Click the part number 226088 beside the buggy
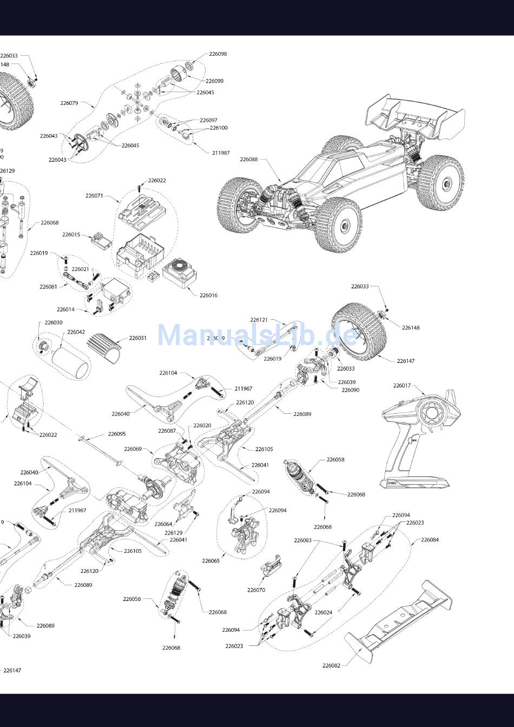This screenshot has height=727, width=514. click(x=249, y=160)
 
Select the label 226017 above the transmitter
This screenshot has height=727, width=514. click(x=402, y=386)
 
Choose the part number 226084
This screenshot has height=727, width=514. click(x=430, y=540)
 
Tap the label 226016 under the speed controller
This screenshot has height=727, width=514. click(x=208, y=295)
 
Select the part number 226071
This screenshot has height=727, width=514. click(x=94, y=196)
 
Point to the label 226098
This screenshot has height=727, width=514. click(x=218, y=54)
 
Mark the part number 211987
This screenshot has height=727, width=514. click(x=221, y=153)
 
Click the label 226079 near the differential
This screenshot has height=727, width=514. click(x=69, y=103)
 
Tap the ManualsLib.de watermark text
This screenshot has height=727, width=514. click(x=258, y=335)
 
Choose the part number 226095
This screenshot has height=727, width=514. click(x=116, y=434)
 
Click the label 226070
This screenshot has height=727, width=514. click(x=256, y=590)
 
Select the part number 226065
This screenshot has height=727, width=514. click(x=211, y=561)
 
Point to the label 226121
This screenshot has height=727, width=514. click(x=259, y=320)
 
